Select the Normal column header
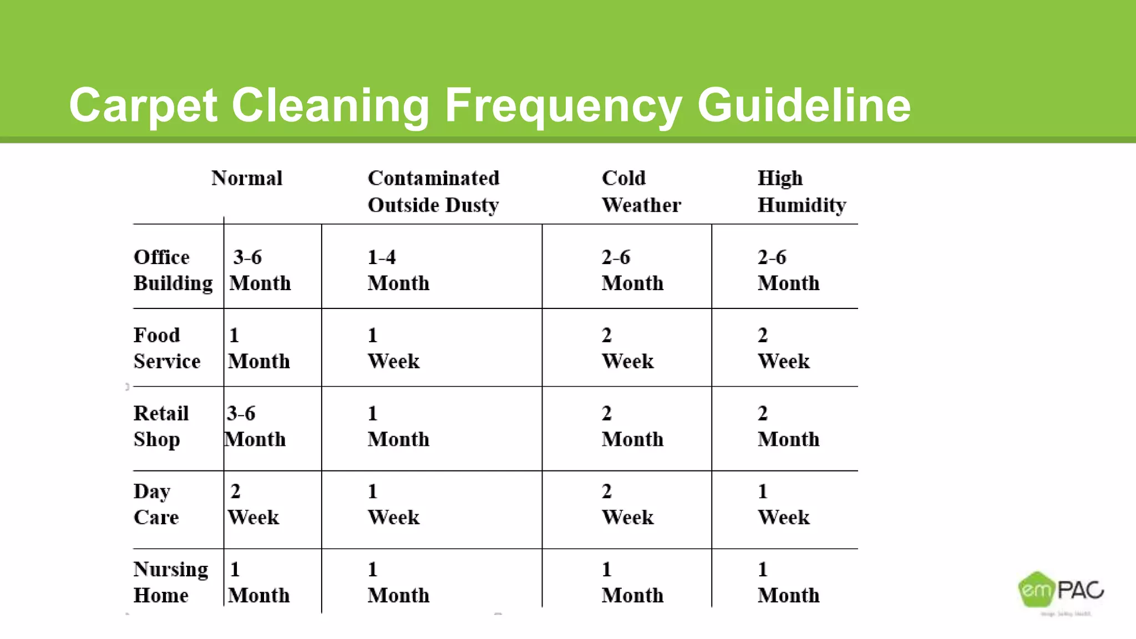(247, 179)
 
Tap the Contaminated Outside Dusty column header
(433, 191)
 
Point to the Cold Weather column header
(641, 191)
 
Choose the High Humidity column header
(802, 191)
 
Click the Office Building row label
(173, 270)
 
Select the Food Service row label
(166, 348)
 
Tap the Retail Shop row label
(161, 426)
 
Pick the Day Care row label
(156, 504)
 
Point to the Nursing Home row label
(170, 582)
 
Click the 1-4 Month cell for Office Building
(398, 270)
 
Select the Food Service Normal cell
(258, 348)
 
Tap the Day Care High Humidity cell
(783, 504)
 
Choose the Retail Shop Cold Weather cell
(632, 426)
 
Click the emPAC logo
(1061, 591)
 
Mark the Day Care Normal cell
(253, 504)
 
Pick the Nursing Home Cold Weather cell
(632, 582)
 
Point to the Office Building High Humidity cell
(788, 270)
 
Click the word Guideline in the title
(804, 105)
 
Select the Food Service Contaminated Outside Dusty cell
(393, 348)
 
